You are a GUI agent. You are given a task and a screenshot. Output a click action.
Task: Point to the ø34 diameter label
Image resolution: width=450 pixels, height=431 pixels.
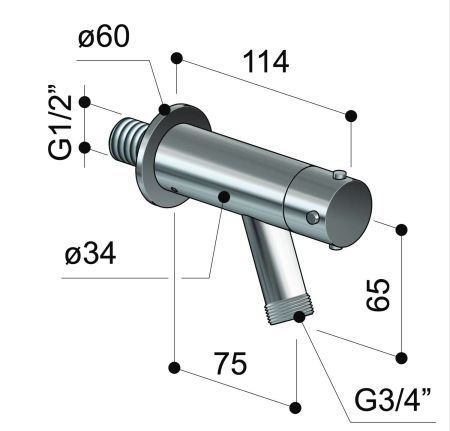89,255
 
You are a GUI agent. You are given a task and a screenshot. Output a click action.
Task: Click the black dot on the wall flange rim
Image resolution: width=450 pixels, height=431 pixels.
164,108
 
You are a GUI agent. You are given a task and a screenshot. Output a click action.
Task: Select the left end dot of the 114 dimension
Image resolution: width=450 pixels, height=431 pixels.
177,59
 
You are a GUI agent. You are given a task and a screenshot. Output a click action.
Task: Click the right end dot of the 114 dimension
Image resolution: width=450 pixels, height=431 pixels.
351,116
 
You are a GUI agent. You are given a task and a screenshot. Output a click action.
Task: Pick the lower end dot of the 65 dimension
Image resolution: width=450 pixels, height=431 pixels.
402,357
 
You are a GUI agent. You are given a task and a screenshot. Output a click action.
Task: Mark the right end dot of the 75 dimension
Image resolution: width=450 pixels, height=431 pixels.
295,406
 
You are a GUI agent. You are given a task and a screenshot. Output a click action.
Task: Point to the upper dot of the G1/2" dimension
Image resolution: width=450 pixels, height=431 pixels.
85,102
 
